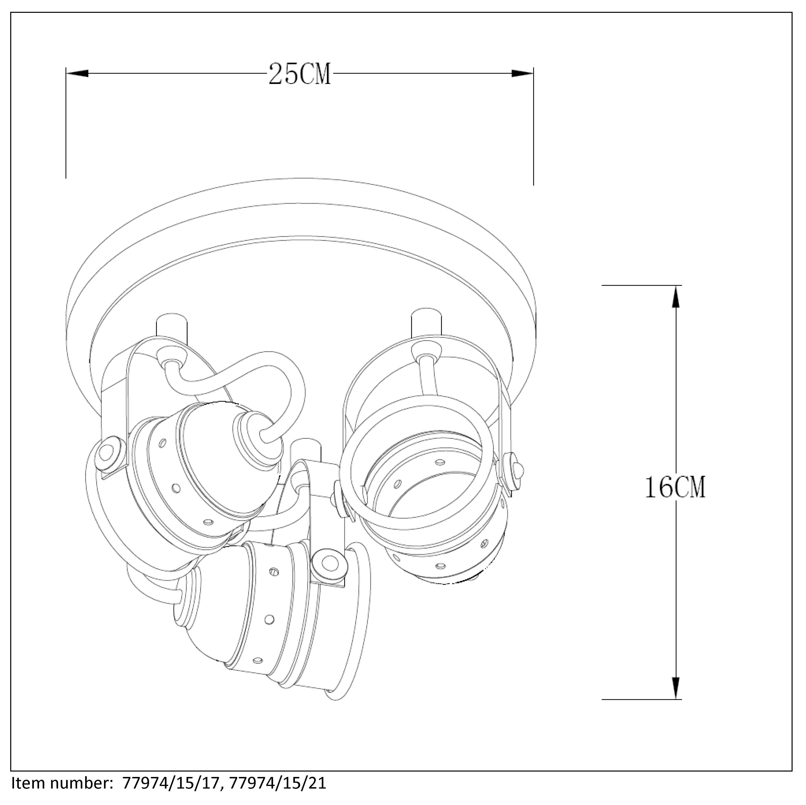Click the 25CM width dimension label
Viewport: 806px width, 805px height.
[x=300, y=74]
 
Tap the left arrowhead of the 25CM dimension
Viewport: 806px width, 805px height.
[x=77, y=73]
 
